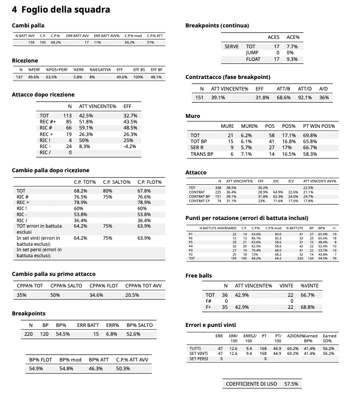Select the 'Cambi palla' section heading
click(x=28, y=25)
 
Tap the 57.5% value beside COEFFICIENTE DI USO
click(x=291, y=384)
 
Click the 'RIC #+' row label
click(x=48, y=122)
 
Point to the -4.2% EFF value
click(x=130, y=146)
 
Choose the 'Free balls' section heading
click(x=198, y=275)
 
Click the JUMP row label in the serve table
click(x=252, y=53)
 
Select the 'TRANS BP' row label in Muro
click(x=201, y=155)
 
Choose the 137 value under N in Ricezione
click(x=19, y=77)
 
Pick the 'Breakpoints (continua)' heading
click(x=217, y=25)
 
